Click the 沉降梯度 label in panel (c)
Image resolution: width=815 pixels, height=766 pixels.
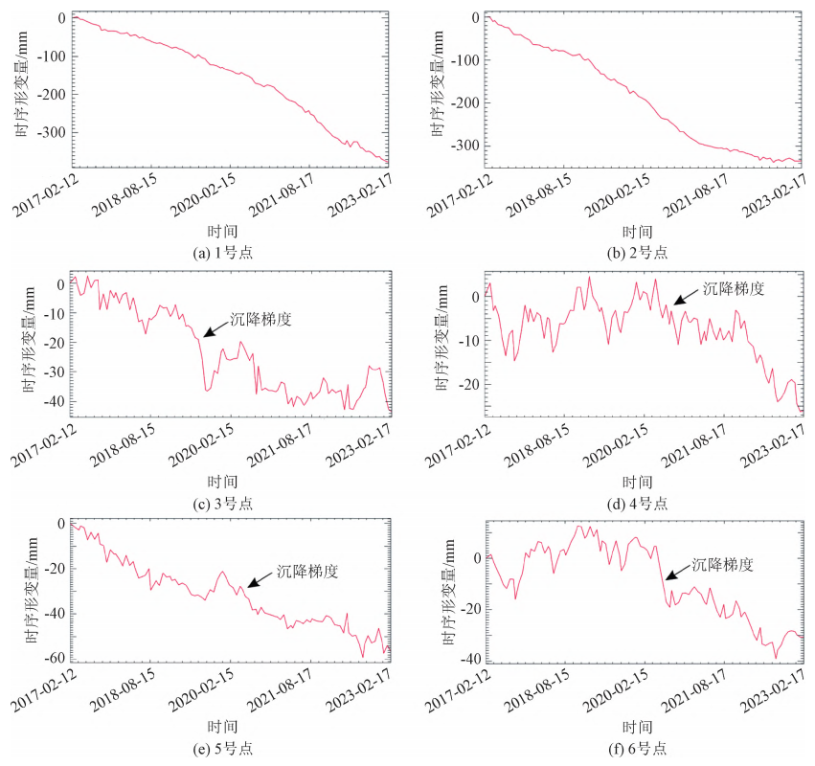pyautogui.click(x=260, y=319)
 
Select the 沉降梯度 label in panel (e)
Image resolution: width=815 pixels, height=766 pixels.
pyautogui.click(x=308, y=571)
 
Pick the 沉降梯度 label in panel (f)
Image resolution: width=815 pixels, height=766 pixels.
pyautogui.click(x=723, y=565)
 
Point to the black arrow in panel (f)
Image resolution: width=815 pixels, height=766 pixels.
pyautogui.click(x=677, y=573)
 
